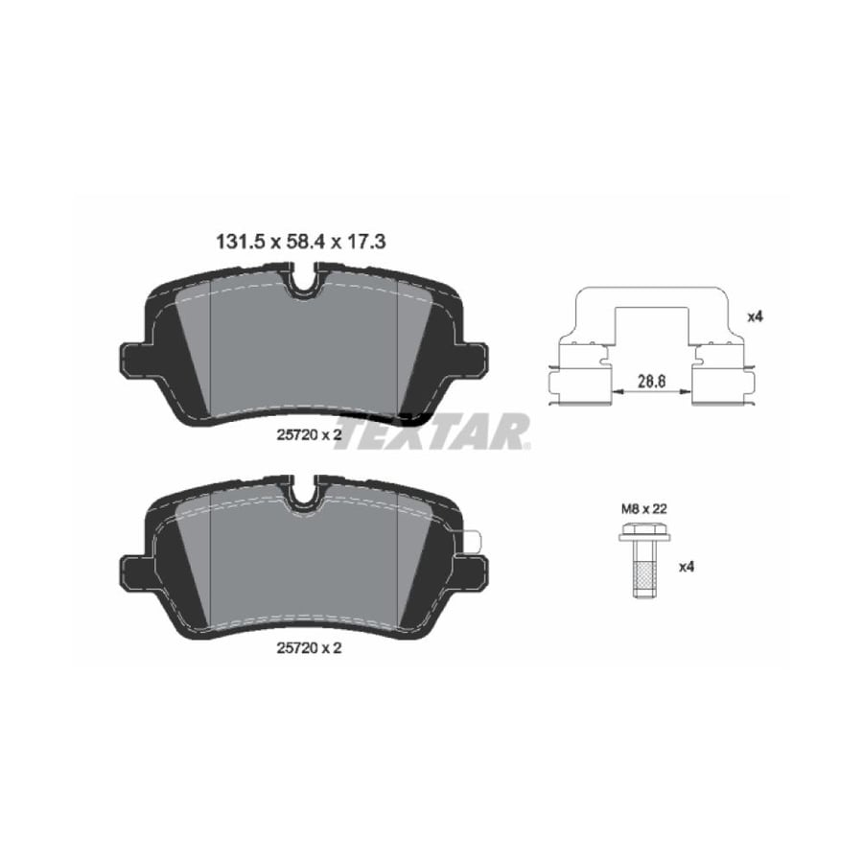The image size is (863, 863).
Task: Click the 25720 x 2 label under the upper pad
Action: (309, 434)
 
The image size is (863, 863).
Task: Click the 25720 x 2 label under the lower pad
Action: (309, 648)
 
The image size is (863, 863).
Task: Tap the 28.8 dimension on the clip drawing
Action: (652, 381)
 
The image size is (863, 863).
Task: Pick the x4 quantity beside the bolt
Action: (686, 567)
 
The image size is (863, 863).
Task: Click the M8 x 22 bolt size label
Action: (644, 509)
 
